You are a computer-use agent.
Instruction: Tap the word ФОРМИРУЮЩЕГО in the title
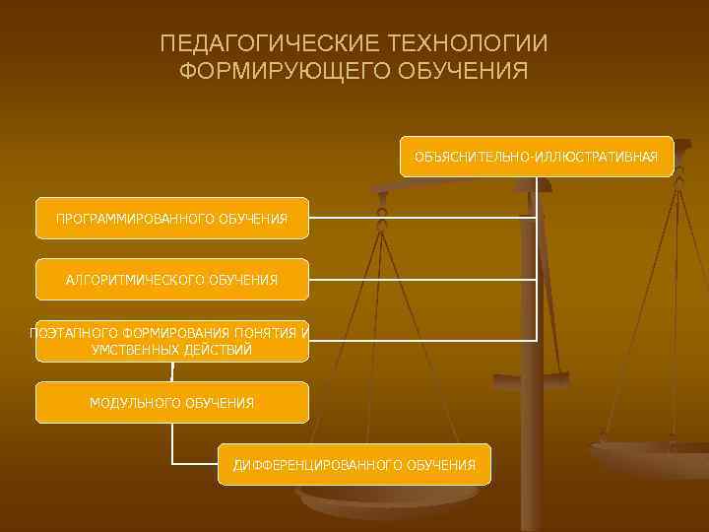pyautogui.click(x=284, y=72)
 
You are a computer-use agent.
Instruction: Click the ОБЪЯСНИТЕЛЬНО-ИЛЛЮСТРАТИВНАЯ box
pyautogui.click(x=537, y=157)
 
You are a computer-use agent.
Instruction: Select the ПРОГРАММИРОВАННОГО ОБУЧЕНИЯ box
pyautogui.click(x=172, y=218)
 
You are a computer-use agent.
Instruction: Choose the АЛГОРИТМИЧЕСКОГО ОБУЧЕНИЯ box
pyautogui.click(x=172, y=280)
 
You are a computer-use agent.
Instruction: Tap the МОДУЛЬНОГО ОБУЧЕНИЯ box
pyautogui.click(x=172, y=403)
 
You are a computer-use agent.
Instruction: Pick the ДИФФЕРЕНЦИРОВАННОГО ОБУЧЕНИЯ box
pyautogui.click(x=354, y=464)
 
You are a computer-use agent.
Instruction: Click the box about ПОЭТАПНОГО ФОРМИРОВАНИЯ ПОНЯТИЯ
pyautogui.click(x=172, y=341)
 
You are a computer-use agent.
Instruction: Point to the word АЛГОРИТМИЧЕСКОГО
pyautogui.click(x=134, y=280)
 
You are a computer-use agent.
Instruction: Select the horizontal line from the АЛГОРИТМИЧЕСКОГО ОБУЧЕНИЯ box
pyautogui.click(x=423, y=280)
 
